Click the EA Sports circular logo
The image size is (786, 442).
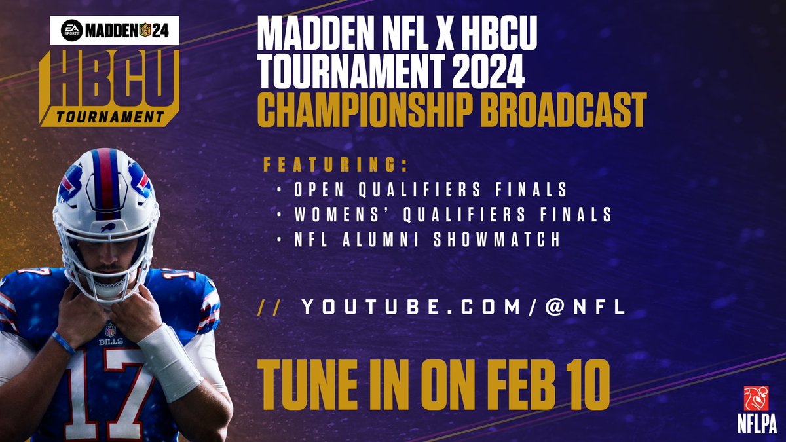click(x=72, y=30)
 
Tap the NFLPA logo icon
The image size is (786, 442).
click(x=756, y=398)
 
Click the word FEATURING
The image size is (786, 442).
click(x=336, y=165)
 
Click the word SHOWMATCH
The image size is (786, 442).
click(x=497, y=239)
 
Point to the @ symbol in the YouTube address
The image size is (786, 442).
click(x=555, y=306)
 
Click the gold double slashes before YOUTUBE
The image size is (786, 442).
click(x=269, y=307)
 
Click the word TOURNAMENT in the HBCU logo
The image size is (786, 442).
click(x=110, y=117)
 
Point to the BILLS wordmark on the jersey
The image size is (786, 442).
click(x=111, y=341)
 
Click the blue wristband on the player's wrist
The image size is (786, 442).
click(x=63, y=342)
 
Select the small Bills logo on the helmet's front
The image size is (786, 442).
click(x=108, y=227)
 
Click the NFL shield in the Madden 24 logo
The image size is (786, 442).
click(x=145, y=30)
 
